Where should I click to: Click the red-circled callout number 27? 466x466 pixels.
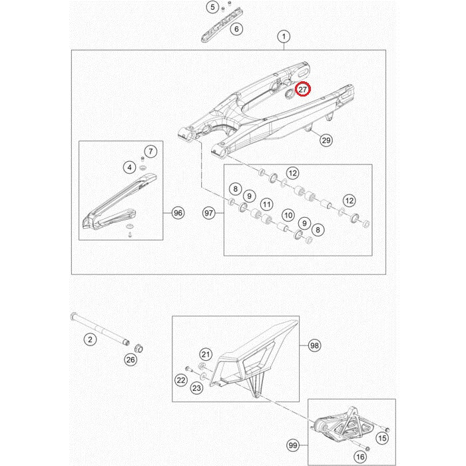pos(302,89)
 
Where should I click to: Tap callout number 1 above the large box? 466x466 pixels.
pos(284,37)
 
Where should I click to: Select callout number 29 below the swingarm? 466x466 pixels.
pos(326,140)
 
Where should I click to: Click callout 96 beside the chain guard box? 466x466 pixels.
pos(178,213)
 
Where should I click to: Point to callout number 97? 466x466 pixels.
pos(209,213)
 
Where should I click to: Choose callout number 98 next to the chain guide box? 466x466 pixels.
pos(314,346)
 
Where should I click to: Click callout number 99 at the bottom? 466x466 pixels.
pos(293,445)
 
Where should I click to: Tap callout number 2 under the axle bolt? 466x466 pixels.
pos(90,339)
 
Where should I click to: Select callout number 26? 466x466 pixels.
pos(130,360)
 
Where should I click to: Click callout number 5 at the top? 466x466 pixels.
pos(212,7)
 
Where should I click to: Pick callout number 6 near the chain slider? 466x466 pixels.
pos(236,29)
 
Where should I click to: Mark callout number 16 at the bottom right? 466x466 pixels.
pos(360,457)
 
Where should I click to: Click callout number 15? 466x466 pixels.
pos(382,438)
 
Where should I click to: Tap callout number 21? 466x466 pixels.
pos(206,354)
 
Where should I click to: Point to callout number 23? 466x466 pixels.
pos(197,388)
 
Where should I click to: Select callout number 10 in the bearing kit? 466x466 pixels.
pos(288,215)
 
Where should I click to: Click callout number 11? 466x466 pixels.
pos(266,204)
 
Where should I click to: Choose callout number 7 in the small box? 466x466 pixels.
pos(150,152)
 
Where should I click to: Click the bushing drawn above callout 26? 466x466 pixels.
pos(138,348)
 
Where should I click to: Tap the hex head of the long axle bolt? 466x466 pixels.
pos(73,316)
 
